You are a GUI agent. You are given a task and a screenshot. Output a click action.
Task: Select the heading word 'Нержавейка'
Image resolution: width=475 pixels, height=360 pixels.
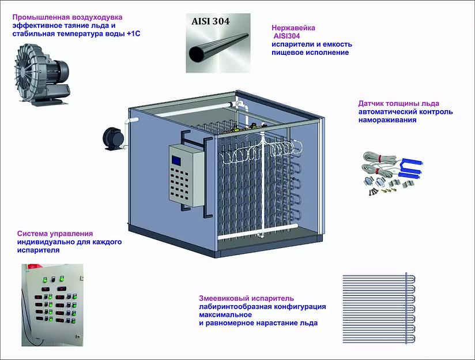click(293, 27)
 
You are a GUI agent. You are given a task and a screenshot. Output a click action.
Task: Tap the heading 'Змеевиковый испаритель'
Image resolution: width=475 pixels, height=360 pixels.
click(246, 298)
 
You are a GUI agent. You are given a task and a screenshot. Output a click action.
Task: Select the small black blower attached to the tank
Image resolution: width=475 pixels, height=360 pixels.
click(112, 138)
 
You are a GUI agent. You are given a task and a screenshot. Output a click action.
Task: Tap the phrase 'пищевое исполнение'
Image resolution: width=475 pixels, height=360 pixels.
click(310, 52)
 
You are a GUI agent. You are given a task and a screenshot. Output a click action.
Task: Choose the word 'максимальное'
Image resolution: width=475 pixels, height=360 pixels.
click(228, 315)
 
